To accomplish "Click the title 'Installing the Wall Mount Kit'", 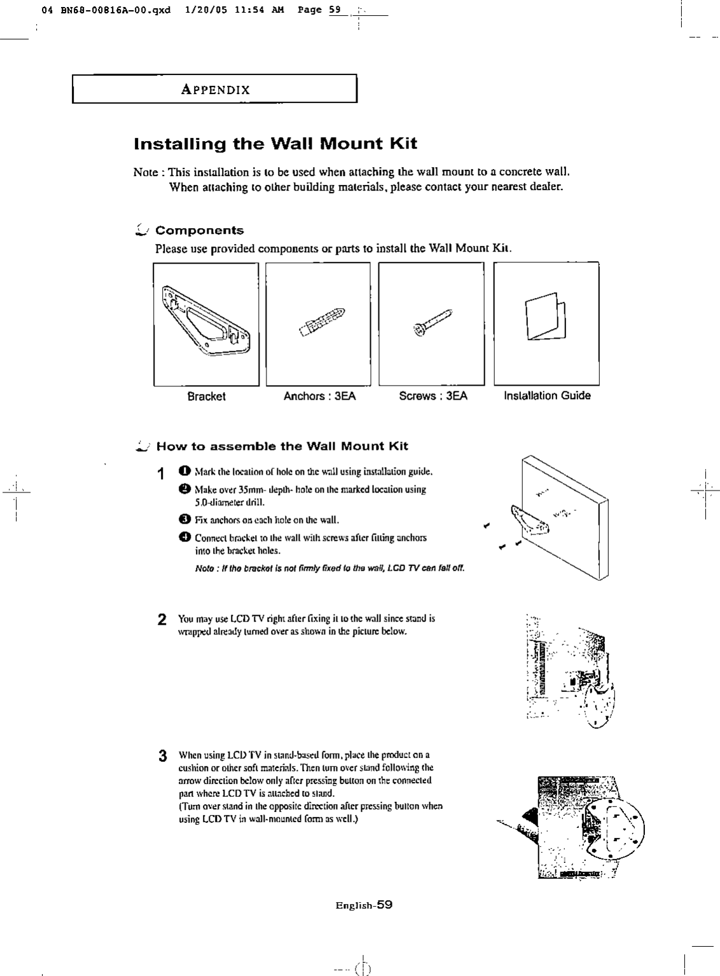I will pyautogui.click(x=275, y=144).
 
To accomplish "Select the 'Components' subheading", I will pyautogui.click(x=199, y=230).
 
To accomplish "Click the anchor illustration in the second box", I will pyautogui.click(x=324, y=323).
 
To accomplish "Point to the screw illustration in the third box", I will pyautogui.click(x=431, y=322).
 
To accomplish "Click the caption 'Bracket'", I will pyautogui.click(x=206, y=396).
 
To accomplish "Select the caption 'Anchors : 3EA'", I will pyautogui.click(x=319, y=396).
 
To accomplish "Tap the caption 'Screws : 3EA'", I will pyautogui.click(x=433, y=396).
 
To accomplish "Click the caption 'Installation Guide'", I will pyautogui.click(x=547, y=396).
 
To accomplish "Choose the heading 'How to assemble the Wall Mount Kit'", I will pyautogui.click(x=282, y=446).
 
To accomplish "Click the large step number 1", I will pyautogui.click(x=162, y=474).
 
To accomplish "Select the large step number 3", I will pyautogui.click(x=162, y=756).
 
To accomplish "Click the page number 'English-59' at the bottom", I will pyautogui.click(x=364, y=905).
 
